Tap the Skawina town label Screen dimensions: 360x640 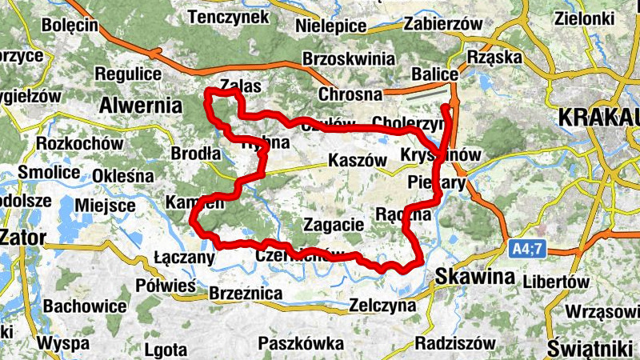pos(475,277)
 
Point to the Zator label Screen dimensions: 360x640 pos(25,237)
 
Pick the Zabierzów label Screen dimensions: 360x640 pos(444,24)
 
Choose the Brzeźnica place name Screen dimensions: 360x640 pos(246,294)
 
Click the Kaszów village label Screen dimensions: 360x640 pos(352,160)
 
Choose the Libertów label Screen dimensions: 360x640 pos(556,282)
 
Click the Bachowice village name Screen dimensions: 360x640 pos(85,306)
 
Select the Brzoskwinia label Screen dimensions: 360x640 pos(349,59)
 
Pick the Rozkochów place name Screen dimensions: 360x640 pos(79,144)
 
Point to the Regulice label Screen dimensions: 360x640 pos(129,74)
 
